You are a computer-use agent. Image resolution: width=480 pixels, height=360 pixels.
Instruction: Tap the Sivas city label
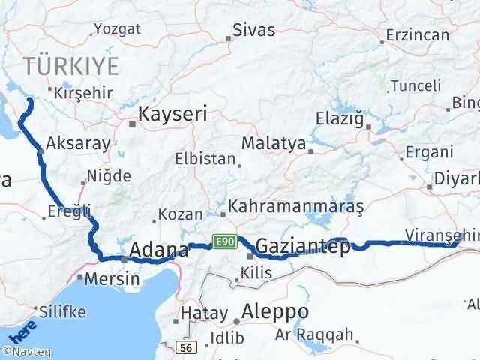[x=253, y=31]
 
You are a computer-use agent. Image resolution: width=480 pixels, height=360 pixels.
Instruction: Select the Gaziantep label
[x=302, y=245]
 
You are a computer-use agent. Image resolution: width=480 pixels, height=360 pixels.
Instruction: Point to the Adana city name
[x=159, y=250]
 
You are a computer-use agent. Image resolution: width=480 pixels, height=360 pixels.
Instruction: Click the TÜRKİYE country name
[x=70, y=66]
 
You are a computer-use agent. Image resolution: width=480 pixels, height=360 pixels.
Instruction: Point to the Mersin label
[x=113, y=279]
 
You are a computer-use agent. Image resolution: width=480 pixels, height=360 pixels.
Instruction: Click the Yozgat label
[x=117, y=29]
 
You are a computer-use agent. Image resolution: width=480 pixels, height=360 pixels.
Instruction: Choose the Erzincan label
[x=416, y=34]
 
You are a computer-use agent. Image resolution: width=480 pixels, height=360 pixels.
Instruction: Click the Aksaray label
[x=78, y=142]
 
